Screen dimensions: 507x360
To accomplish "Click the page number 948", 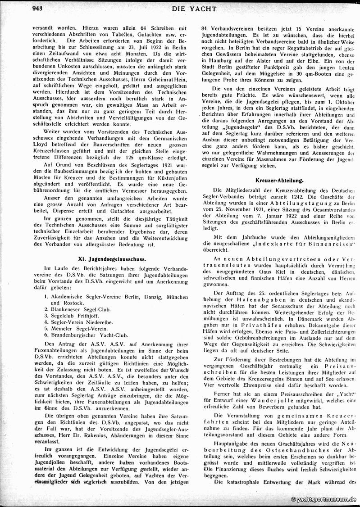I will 40,8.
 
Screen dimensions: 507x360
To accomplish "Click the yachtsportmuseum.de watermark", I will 324,499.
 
